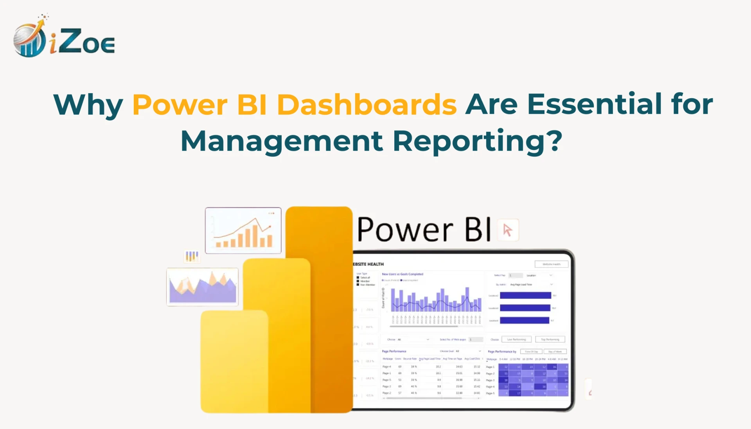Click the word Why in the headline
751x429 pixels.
pos(88,105)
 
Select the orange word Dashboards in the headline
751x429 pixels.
pos(367,105)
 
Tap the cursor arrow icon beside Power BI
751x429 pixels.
pos(508,230)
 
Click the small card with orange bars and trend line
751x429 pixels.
pos(243,230)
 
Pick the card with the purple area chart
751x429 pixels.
pos(202,287)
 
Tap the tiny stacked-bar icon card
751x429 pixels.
pos(192,256)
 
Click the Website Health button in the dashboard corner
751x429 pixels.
pos(551,264)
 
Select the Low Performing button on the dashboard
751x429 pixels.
pos(516,339)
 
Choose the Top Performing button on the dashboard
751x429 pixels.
pos(550,339)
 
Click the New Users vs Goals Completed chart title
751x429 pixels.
pos(402,274)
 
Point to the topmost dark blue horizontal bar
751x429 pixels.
pos(525,296)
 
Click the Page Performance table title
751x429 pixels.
pos(394,351)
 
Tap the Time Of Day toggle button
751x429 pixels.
pos(531,352)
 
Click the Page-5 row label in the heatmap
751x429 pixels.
pos(490,393)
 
